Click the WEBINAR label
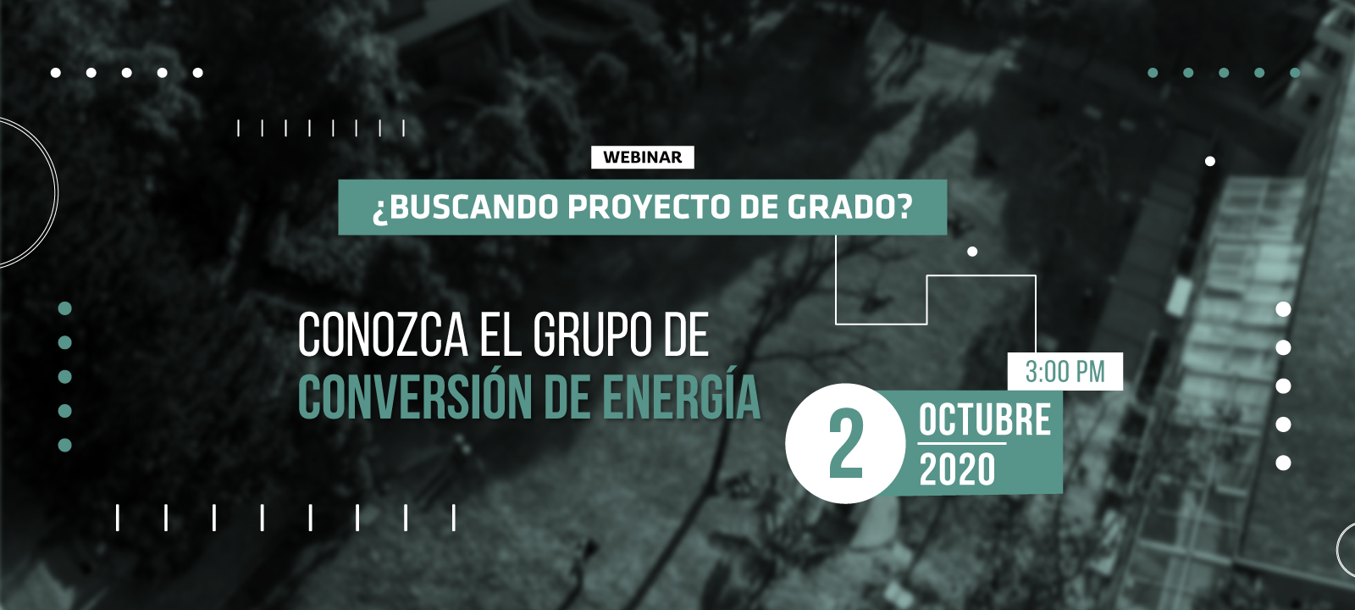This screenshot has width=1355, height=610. pos(643,158)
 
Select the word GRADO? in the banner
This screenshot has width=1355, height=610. pos(850,208)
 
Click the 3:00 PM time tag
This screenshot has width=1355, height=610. pos(1065,372)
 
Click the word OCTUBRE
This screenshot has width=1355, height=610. pos(985,419)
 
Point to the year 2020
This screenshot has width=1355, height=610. pos(957,469)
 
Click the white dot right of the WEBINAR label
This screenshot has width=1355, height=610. pos(1210,161)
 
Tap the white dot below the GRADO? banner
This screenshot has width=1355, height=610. pos(972,251)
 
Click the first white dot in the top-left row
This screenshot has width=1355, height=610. pos(56,73)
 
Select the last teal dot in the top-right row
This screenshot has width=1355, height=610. pos(1295,73)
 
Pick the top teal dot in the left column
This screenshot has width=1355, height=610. pos(64,308)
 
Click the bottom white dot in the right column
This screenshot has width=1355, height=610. pos(1283,463)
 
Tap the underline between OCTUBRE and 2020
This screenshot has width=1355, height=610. pos(962,444)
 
